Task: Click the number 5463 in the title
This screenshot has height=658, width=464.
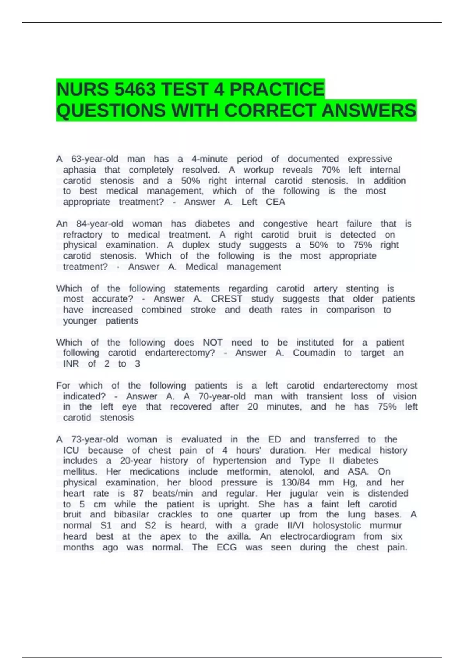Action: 135,90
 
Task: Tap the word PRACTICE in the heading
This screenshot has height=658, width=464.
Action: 277,90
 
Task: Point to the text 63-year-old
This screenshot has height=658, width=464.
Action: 95,159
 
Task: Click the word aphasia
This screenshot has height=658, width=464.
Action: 79,170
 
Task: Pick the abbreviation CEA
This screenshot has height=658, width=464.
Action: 275,202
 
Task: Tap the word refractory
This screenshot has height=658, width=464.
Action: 83,235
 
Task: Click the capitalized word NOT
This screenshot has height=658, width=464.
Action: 213,343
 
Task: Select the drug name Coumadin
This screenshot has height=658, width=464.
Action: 314,353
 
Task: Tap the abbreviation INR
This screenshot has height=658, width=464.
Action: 71,364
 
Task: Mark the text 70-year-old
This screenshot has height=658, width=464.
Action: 222,396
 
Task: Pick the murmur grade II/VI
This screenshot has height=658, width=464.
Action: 295,525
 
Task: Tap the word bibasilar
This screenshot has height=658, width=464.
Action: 131,514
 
